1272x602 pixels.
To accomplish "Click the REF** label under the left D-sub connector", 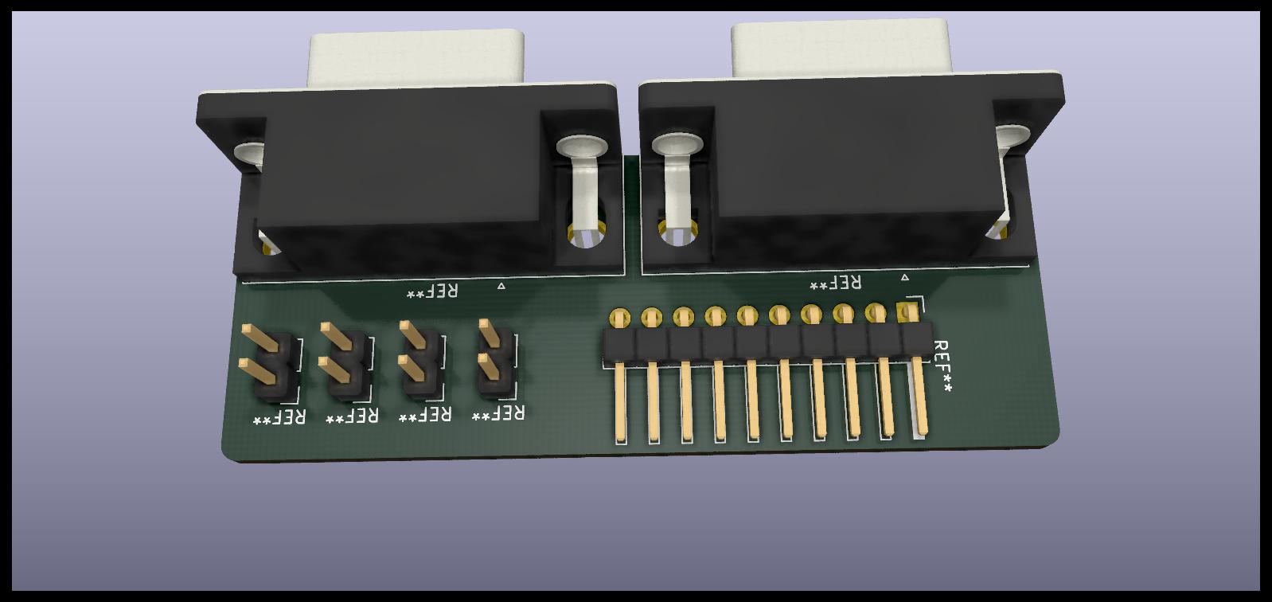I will point(432,291).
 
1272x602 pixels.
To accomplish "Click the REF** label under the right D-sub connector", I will point(835,283).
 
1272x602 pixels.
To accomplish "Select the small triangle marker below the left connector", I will point(501,285).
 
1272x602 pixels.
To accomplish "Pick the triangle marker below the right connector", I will point(905,277).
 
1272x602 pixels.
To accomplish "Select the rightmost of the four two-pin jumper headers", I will point(495,362).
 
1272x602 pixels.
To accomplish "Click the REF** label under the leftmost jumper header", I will point(279,418).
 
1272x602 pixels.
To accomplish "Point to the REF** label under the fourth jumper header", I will point(498,413).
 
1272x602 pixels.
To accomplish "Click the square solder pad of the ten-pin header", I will point(907,311).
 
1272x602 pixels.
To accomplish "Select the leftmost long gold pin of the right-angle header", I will point(619,402).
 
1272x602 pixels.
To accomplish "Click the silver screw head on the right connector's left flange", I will point(677,144).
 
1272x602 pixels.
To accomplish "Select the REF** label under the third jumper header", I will point(424,415).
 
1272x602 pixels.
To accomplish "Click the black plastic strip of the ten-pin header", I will point(764,342).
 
